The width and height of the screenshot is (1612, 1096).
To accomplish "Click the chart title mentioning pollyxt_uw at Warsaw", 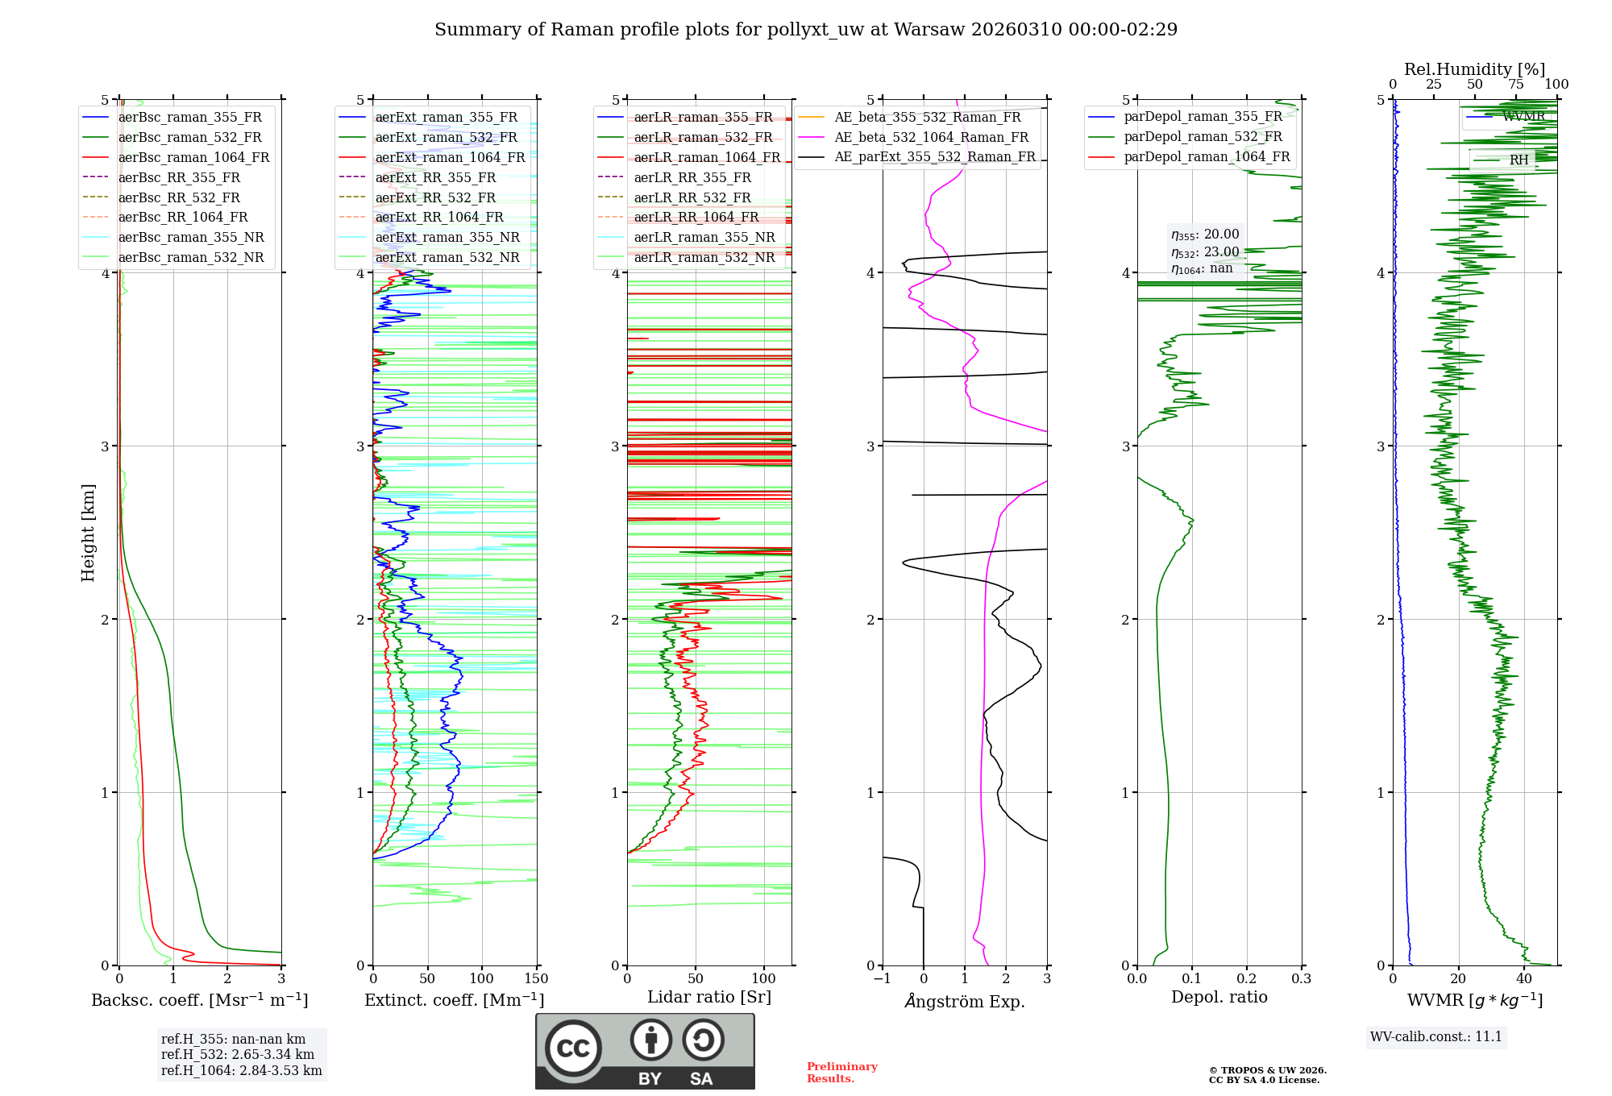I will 806,30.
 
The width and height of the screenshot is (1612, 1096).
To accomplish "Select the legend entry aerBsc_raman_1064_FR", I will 193,157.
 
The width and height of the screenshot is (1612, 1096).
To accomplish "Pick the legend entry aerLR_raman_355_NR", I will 704,237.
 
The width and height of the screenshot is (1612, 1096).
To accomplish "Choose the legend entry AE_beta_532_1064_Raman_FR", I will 931,137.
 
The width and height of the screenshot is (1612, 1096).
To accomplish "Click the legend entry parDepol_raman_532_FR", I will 1203,137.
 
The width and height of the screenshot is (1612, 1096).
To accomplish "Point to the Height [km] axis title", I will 88,533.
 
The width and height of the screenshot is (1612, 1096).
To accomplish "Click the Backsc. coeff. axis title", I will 199,1000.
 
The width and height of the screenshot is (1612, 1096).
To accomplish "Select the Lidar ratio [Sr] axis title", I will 708,997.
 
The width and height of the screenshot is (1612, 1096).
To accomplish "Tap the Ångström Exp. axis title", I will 964,1001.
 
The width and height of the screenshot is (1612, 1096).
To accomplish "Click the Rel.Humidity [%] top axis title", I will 1474,69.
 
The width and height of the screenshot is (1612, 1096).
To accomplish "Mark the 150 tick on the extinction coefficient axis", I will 536,979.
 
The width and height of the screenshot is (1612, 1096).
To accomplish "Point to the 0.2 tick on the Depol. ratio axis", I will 1247,979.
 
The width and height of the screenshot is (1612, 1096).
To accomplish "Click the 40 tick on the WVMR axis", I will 1524,979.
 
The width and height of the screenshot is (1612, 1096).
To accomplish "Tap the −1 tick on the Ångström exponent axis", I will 883,979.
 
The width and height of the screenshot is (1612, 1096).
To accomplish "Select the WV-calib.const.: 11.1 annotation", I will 1436,1036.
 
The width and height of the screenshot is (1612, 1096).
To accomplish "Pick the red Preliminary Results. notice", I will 841,1073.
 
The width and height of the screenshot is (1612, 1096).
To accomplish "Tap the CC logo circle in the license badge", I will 573,1048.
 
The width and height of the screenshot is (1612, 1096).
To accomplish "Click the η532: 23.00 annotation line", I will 1205,252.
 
